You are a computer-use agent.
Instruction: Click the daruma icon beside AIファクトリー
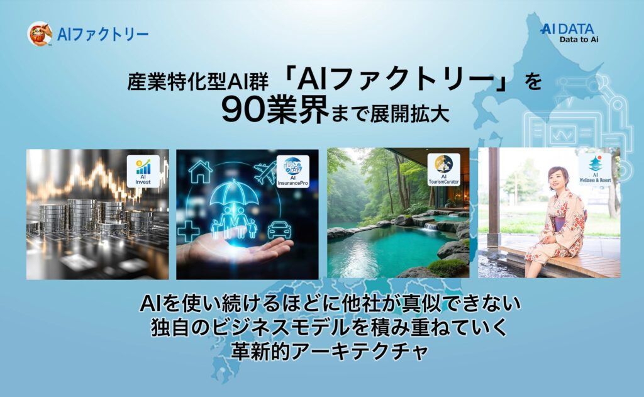pos(39,33)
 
